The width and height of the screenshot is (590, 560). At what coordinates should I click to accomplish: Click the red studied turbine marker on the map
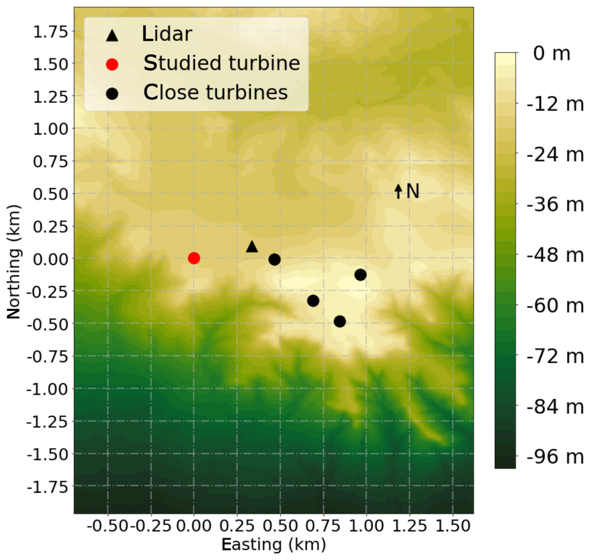point(194,258)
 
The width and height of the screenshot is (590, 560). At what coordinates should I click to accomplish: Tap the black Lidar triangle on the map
point(252,247)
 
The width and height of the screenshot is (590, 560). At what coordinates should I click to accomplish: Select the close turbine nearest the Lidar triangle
point(275,259)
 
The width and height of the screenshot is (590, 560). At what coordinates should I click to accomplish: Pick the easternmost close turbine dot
point(360,275)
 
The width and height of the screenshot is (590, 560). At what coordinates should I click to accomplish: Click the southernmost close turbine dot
point(340,321)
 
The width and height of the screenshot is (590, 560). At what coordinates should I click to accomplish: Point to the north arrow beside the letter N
point(399,191)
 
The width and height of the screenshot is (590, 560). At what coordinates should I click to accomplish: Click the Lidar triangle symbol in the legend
point(112,35)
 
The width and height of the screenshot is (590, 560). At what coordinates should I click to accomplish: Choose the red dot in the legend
point(112,64)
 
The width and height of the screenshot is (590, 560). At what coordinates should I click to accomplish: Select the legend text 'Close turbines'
point(215,92)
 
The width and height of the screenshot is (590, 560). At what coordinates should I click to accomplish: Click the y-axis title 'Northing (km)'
point(14,262)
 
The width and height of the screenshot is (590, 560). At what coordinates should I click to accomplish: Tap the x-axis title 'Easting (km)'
point(274,544)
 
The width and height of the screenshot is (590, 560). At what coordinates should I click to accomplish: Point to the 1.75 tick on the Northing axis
point(50,32)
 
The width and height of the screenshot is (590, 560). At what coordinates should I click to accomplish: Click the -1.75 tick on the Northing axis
point(47,487)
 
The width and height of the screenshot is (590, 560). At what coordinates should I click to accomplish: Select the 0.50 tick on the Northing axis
point(50,194)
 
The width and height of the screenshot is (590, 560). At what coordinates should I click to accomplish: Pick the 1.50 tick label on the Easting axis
point(453,526)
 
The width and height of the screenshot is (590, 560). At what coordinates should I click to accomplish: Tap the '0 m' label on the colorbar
point(551,53)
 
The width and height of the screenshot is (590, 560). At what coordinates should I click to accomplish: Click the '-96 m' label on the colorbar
point(555,457)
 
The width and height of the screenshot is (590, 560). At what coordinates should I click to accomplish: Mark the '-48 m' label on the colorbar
point(555,255)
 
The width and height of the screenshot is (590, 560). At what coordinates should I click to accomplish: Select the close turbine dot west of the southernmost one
point(313,301)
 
